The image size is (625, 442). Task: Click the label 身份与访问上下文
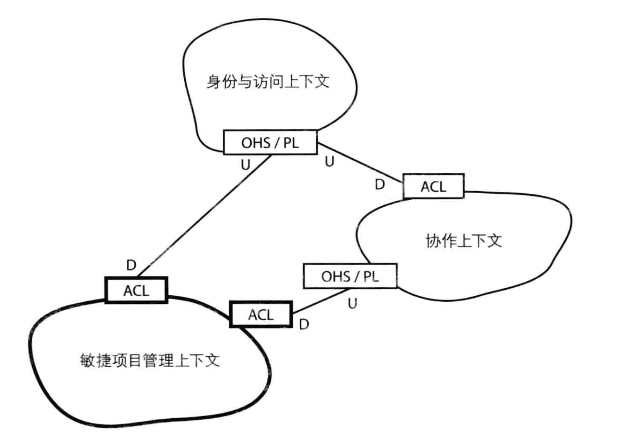(268, 82)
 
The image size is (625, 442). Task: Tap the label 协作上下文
(464, 241)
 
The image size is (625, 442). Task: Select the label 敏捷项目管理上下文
(150, 360)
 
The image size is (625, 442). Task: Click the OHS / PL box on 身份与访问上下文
(270, 142)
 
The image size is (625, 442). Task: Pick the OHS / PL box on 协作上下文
(350, 276)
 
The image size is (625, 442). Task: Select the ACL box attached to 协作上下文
(434, 186)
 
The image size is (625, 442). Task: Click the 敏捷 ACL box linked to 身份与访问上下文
(136, 290)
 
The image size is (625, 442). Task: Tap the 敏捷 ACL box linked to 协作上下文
(261, 314)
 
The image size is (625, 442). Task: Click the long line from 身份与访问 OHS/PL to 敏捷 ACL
(205, 216)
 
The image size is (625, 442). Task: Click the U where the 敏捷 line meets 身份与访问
(245, 165)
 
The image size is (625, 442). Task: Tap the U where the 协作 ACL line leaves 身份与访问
(329, 162)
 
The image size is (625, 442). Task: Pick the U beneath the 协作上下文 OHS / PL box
(352, 303)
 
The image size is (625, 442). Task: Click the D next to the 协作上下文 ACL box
(380, 184)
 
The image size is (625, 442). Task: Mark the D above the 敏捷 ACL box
(132, 265)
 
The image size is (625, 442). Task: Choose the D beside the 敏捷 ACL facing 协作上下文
(304, 324)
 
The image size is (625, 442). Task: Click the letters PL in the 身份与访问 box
(291, 143)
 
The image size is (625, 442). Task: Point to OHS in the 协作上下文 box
(336, 276)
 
